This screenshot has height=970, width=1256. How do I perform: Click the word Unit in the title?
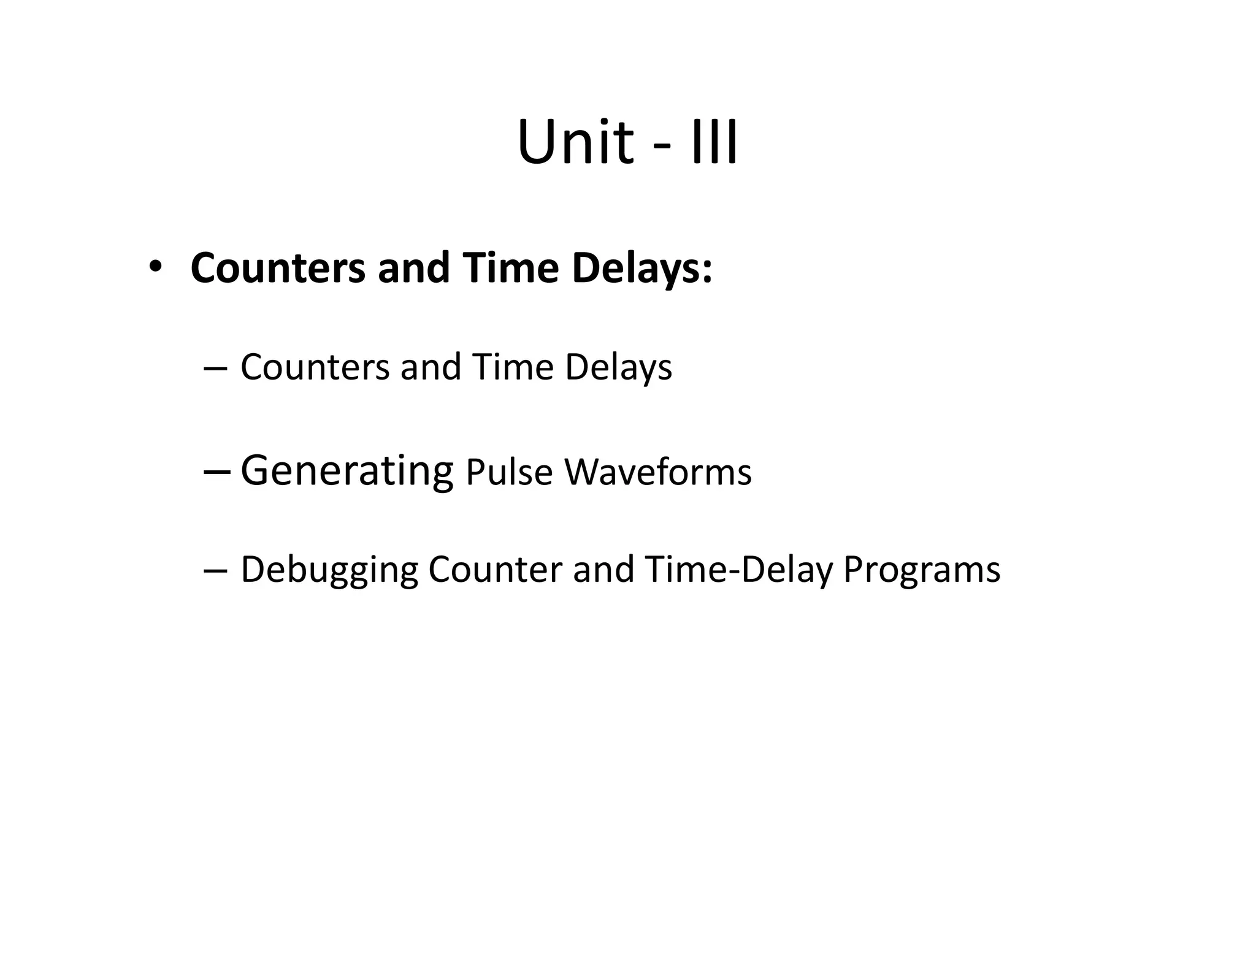pyautogui.click(x=575, y=142)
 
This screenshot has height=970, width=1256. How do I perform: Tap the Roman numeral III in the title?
pyautogui.click(x=714, y=142)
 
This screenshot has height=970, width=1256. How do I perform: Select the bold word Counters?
pyautogui.click(x=278, y=268)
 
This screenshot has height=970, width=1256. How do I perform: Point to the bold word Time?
pyautogui.click(x=510, y=268)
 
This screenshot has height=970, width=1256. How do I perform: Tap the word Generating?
pyautogui.click(x=347, y=471)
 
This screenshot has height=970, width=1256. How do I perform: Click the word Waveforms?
pyautogui.click(x=657, y=472)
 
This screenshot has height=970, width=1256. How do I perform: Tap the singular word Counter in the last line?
pyautogui.click(x=495, y=569)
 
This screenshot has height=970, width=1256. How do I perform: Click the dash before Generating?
pyautogui.click(x=216, y=472)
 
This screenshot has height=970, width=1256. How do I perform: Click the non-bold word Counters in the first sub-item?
pyautogui.click(x=315, y=367)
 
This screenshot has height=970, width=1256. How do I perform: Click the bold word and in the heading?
pyautogui.click(x=414, y=268)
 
